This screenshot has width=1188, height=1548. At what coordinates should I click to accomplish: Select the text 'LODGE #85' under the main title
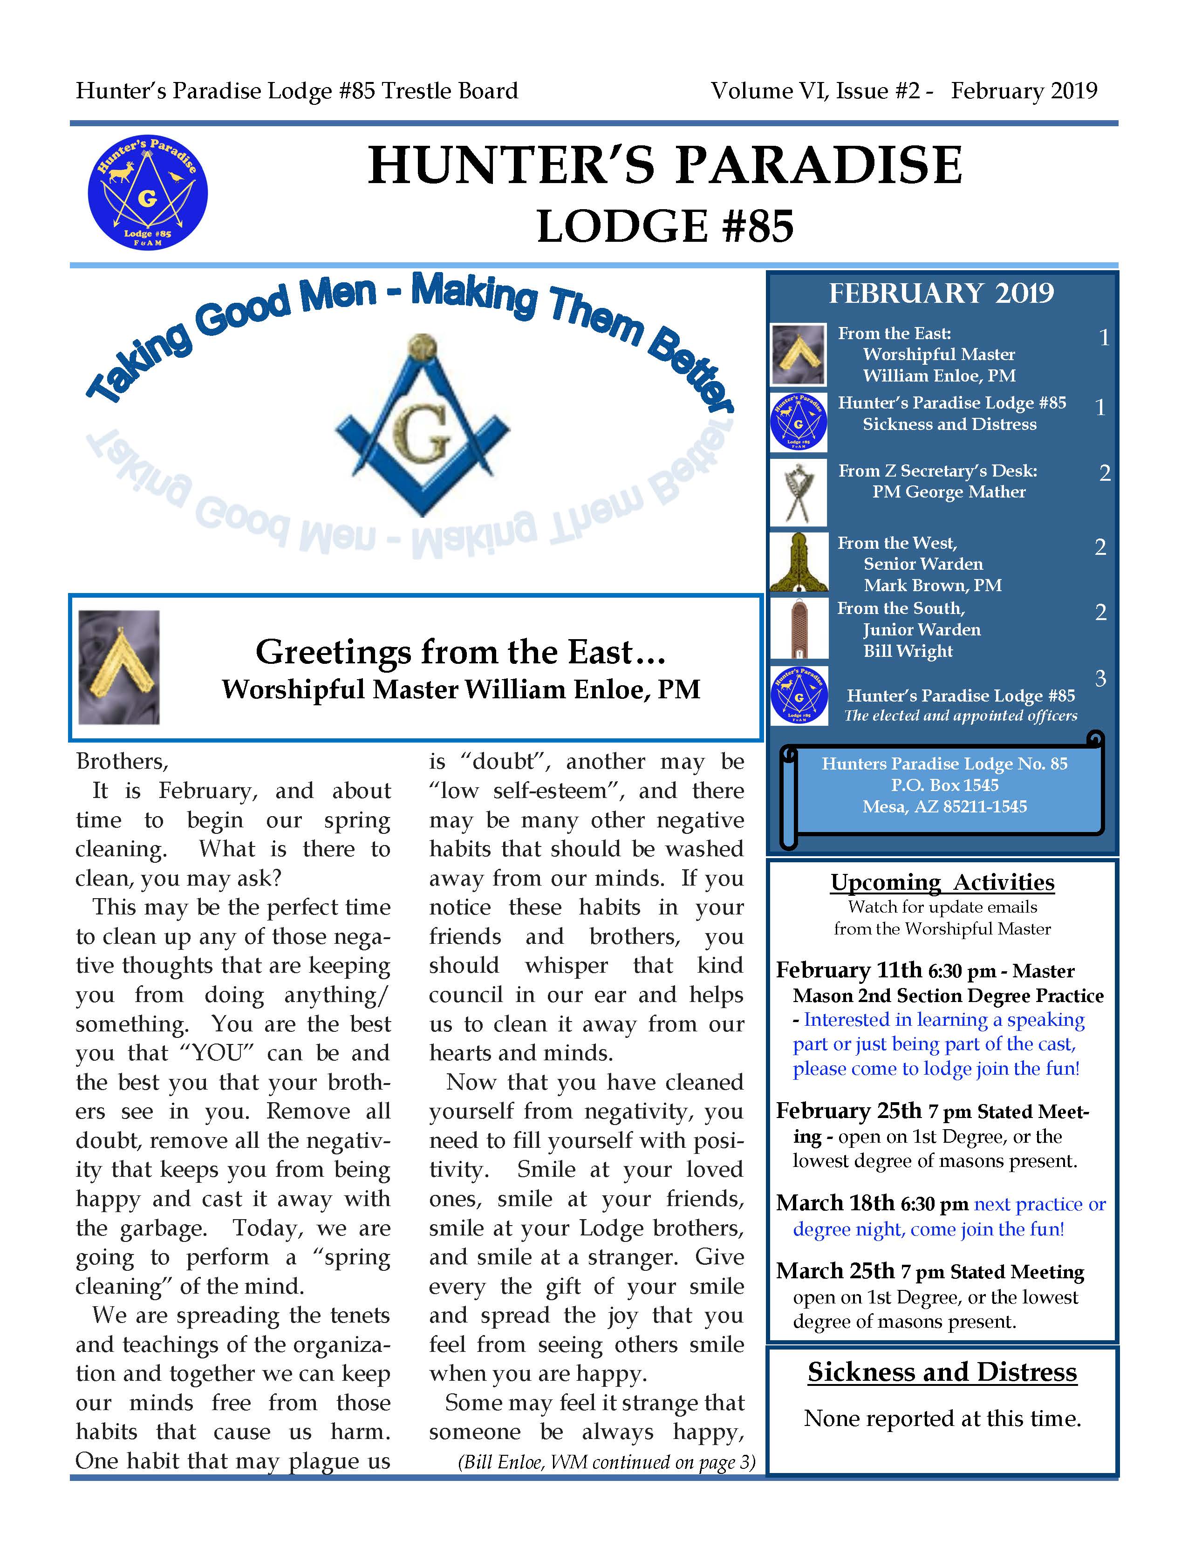click(x=665, y=226)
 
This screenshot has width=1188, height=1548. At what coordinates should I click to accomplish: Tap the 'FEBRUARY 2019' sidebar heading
click(x=941, y=293)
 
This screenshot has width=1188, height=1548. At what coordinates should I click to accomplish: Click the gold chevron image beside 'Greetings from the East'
click(x=119, y=667)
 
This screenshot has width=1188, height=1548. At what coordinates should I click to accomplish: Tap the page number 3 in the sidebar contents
click(x=1100, y=678)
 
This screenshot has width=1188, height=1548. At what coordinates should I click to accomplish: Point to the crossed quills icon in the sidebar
click(x=799, y=493)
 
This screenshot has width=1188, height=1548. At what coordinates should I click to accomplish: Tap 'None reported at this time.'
click(x=942, y=1418)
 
